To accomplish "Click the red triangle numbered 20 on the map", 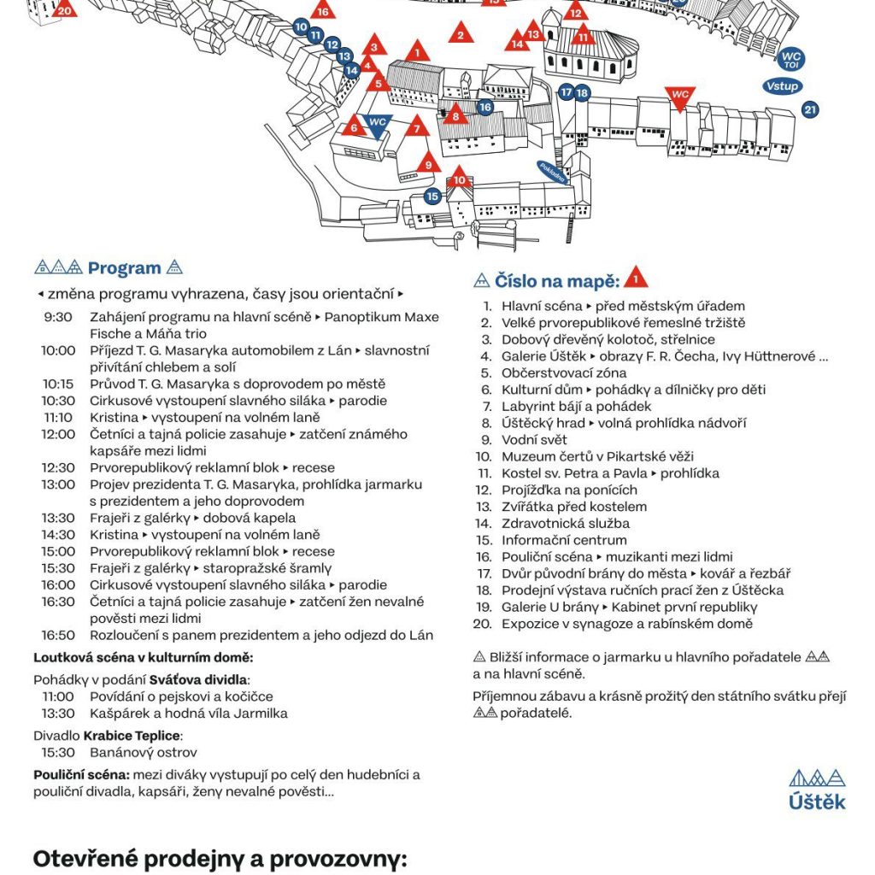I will click(65, 9).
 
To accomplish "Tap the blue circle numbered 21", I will click(810, 109).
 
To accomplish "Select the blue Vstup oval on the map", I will click(782, 86).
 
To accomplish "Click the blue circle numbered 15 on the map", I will click(432, 197).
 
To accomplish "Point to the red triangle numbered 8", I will click(455, 115).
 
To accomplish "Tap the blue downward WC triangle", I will click(377, 125).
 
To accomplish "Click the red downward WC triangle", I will click(679, 97).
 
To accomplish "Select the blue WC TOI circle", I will click(790, 60).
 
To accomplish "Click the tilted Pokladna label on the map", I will click(554, 173).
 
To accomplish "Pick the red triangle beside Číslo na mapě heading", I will click(635, 278).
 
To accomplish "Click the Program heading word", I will click(124, 268).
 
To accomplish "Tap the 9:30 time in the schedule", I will click(58, 317).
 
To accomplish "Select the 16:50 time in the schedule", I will click(58, 635).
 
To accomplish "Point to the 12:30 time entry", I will click(58, 467).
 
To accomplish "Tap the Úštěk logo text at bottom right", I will click(818, 802).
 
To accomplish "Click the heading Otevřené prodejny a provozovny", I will click(219, 859).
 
